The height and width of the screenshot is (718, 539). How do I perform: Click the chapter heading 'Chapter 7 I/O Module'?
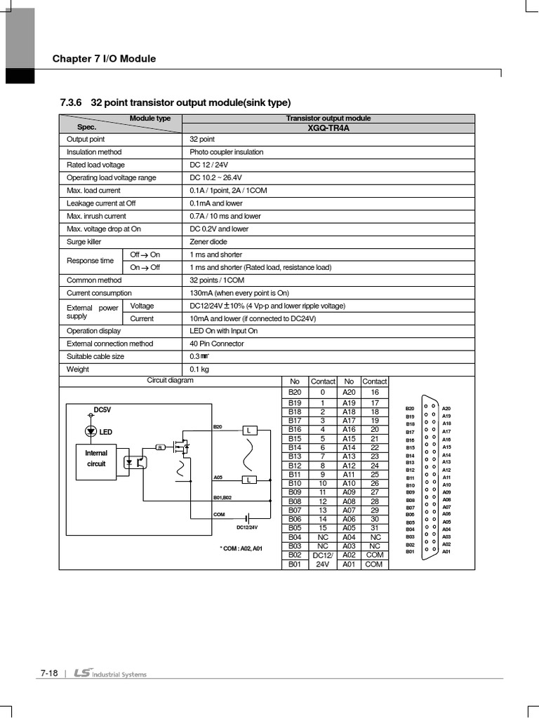(104, 59)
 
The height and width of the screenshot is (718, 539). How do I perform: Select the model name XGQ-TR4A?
(328, 128)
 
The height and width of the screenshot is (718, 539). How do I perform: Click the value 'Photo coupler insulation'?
(227, 152)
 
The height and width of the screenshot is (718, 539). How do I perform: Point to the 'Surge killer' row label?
(84, 242)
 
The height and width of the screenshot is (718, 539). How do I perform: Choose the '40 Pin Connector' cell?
(217, 344)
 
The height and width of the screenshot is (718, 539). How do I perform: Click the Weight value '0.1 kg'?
(199, 369)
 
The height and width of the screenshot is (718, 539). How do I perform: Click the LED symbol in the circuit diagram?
(91, 431)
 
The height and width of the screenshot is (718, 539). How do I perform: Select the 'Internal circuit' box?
(96, 459)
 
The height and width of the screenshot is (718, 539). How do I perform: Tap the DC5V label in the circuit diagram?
(102, 409)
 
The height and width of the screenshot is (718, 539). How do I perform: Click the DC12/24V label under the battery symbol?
(247, 527)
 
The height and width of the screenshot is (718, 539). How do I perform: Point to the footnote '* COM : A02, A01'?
(241, 548)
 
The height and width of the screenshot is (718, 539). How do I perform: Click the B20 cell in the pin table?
(294, 393)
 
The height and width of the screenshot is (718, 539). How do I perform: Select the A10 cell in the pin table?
(349, 483)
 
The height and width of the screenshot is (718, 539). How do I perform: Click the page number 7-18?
(48, 674)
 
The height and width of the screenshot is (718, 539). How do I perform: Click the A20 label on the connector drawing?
(446, 408)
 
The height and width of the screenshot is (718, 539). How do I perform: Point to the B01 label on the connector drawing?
(410, 552)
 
